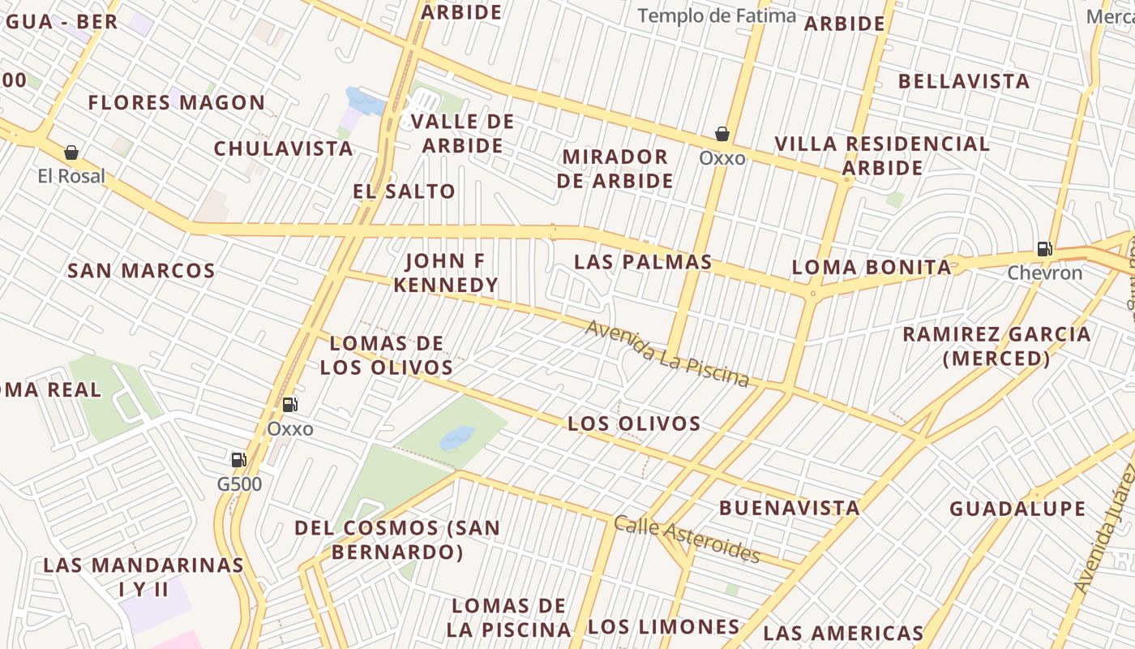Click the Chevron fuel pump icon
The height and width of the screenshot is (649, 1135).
[1044, 249]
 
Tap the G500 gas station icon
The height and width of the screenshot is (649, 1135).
[238, 460]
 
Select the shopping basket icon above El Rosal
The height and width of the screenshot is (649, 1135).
[71, 153]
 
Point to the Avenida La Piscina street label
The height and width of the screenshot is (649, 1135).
[667, 353]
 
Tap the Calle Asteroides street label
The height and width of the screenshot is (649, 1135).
[687, 539]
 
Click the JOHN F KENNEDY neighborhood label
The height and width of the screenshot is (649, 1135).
[445, 273]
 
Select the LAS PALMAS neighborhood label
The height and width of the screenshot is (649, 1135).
[643, 262]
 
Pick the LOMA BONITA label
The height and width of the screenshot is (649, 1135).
[871, 267]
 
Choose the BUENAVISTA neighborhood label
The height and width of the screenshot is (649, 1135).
[789, 508]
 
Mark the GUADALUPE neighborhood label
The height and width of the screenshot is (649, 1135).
[1017, 509]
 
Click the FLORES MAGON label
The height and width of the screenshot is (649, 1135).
[176, 103]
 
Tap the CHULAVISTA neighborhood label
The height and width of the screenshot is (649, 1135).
[283, 148]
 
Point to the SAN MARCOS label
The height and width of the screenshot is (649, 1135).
[141, 270]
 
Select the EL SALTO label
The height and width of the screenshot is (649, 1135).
[404, 191]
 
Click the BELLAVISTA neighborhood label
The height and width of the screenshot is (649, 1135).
[964, 81]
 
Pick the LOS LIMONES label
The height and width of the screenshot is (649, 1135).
[663, 626]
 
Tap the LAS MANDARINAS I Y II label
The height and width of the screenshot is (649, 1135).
[143, 577]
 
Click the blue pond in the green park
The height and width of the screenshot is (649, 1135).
[457, 438]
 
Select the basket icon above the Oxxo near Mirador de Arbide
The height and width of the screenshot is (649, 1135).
[722, 134]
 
